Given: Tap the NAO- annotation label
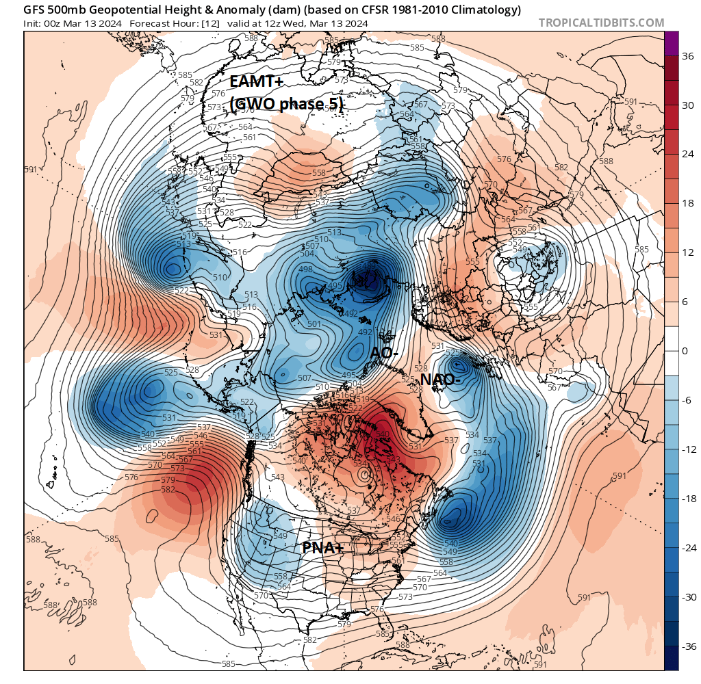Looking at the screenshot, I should [440, 380].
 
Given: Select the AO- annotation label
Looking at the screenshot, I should [384, 353].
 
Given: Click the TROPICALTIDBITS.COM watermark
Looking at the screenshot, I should [601, 23].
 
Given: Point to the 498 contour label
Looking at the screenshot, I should [305, 269].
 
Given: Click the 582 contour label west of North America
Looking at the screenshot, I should [166, 490].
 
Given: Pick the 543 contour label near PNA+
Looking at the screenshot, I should [277, 477].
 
